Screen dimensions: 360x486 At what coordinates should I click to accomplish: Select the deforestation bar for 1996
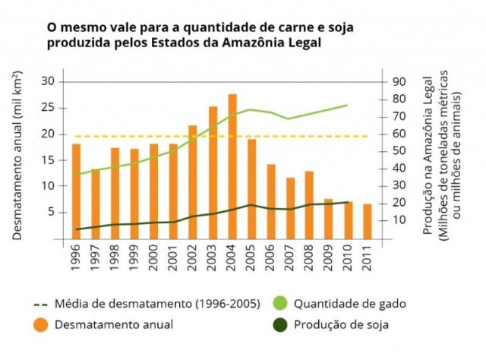coord(76,190)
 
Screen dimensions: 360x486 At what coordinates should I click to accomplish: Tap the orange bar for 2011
coord(367,220)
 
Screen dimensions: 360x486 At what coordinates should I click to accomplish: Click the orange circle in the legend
coord(40,325)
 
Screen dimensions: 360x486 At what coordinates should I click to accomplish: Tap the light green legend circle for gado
coord(279,304)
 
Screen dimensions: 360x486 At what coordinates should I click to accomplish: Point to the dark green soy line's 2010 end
coord(348,203)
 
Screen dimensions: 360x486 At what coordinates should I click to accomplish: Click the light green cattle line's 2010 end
coord(348,106)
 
